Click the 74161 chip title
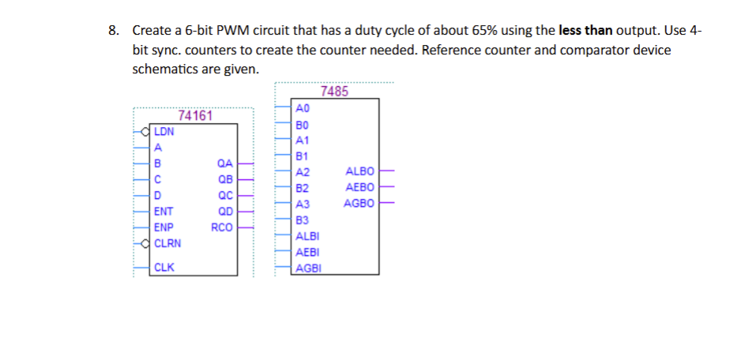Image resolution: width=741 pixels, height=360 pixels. coord(195,116)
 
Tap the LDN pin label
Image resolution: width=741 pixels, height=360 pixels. coord(164,132)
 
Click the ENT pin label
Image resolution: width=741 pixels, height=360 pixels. coord(164,211)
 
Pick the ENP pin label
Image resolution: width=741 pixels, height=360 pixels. coord(164,227)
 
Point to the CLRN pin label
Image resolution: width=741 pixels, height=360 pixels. coord(167,243)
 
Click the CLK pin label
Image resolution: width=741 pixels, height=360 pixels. coord(164,267)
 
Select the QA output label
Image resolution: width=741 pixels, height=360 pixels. coord(224,164)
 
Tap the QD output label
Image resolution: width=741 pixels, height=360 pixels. coord(224,211)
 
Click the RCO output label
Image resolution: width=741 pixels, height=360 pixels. coord(222,227)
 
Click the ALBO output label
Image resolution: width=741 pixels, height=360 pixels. coord(359,171)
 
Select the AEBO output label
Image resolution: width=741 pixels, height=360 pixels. coord(359,187)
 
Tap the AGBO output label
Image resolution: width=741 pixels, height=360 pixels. coord(359,203)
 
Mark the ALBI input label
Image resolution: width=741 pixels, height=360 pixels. coord(304,236)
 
